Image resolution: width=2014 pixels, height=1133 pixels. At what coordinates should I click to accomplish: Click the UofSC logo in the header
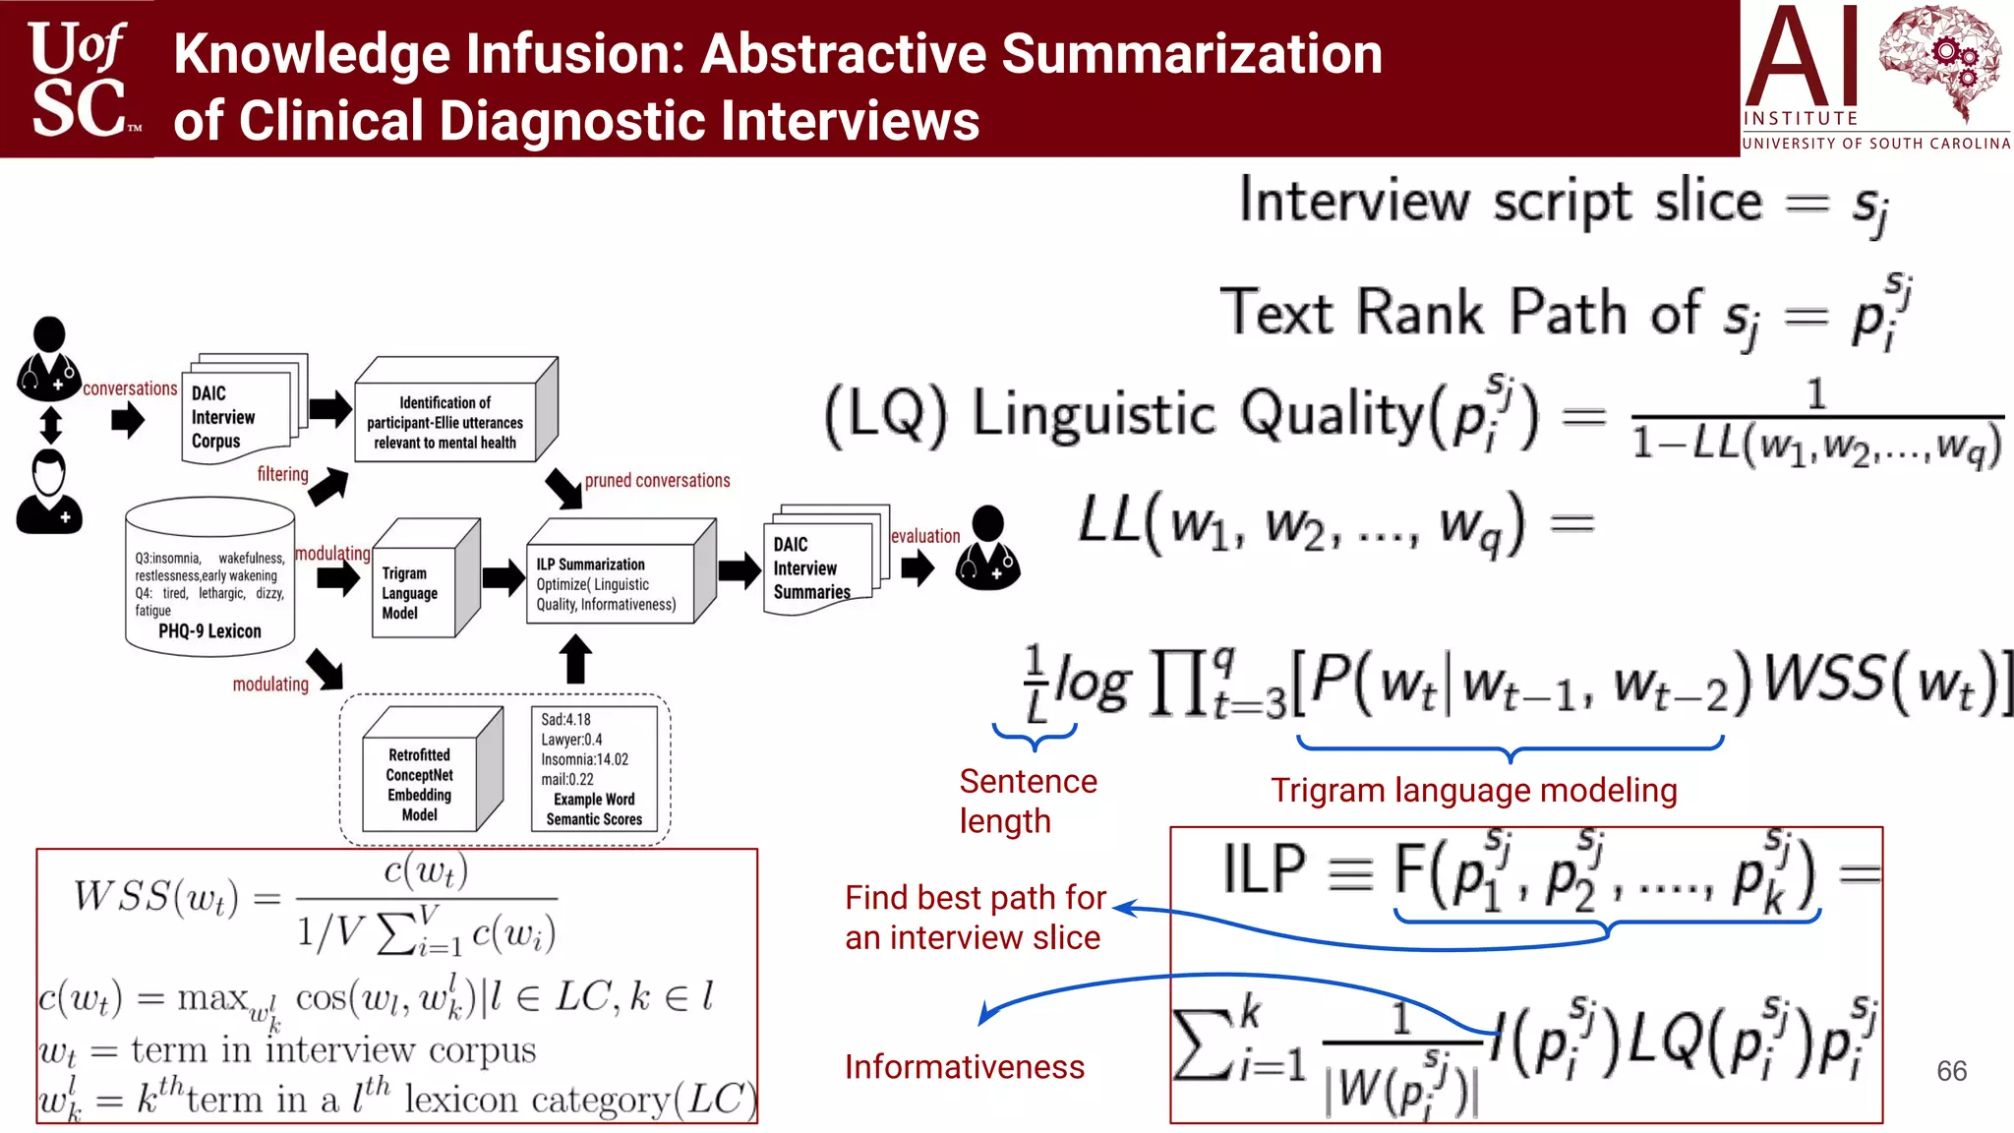79,79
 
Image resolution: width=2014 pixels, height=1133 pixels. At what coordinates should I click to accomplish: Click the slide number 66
1951,1071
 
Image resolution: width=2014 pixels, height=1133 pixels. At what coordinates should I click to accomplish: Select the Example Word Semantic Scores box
594,769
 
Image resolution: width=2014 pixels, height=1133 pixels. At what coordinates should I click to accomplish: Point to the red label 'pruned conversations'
657,481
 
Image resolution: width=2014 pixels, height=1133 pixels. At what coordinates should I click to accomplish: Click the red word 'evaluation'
924,536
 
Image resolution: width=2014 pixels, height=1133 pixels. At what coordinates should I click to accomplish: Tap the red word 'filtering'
282,474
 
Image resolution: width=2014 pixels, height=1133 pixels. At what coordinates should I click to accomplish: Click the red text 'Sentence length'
1028,801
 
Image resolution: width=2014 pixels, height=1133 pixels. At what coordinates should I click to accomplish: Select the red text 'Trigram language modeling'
1473,791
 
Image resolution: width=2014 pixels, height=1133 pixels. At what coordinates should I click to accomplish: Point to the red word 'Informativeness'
964,1067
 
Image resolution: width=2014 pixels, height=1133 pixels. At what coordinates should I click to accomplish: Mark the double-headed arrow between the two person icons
50,425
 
